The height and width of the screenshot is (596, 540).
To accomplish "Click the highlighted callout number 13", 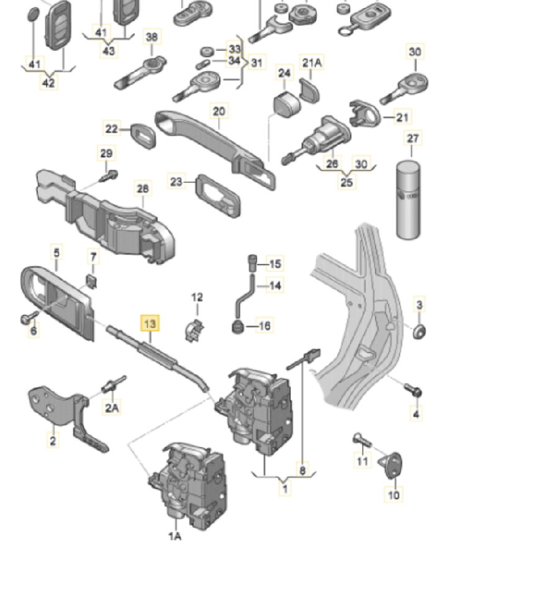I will [x=150, y=323].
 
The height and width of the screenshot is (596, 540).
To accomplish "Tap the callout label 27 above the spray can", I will [x=413, y=138].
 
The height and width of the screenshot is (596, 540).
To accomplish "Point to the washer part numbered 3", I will [x=420, y=331].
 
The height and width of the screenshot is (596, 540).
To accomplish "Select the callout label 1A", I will [x=174, y=535].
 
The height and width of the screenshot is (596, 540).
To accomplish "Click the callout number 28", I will [x=143, y=187].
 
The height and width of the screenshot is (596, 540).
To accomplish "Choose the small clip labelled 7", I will [x=91, y=281].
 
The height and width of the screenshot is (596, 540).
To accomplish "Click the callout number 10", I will [x=394, y=495].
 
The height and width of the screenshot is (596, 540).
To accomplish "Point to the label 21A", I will [x=312, y=62].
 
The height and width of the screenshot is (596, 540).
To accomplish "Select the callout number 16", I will [x=264, y=325].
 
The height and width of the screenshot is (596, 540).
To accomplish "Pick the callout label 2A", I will [x=112, y=408].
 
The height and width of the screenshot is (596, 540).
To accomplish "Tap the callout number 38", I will [x=151, y=37].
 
